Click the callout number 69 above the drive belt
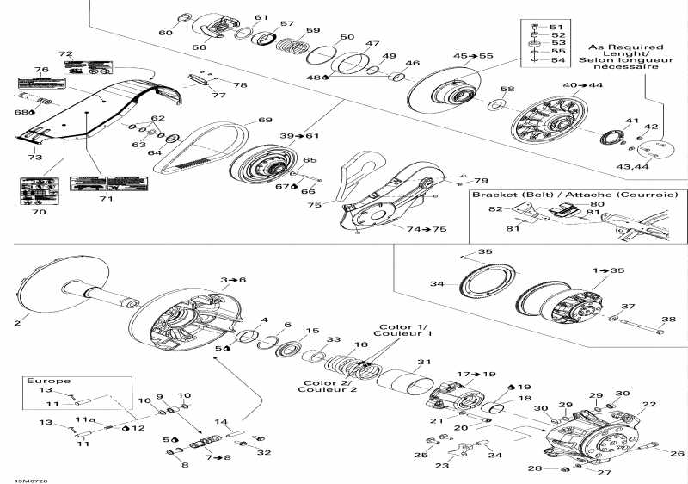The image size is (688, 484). (x=265, y=121)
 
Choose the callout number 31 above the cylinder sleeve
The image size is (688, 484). (x=423, y=361)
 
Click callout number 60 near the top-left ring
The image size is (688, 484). (x=165, y=33)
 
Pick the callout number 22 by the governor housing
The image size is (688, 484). (x=648, y=404)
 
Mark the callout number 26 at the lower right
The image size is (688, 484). (x=677, y=454)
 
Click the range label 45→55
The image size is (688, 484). (x=473, y=56)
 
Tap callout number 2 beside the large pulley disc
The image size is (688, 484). (x=16, y=324)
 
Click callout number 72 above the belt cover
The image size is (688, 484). (x=66, y=53)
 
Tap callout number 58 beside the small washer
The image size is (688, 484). (x=508, y=90)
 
